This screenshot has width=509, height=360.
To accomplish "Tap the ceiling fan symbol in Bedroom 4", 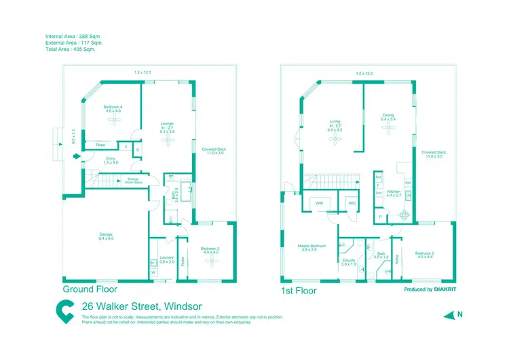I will [x=113, y=120].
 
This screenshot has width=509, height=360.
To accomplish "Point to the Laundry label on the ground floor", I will [x=167, y=259].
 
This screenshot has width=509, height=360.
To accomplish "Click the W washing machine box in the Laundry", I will [x=153, y=273].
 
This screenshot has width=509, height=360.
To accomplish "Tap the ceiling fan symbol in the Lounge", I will [x=167, y=141].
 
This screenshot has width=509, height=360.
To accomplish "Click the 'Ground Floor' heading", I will [x=90, y=289].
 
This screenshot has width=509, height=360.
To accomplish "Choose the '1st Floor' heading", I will [x=299, y=290].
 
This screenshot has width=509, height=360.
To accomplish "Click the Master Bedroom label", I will [x=312, y=247].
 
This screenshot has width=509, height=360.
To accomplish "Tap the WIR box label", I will [x=319, y=203].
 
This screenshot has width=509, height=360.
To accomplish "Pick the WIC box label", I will [x=351, y=203].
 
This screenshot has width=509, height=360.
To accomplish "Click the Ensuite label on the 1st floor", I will [x=349, y=261].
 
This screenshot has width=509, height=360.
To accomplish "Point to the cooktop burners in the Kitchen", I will [x=404, y=215].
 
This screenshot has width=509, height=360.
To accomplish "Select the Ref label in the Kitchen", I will [x=378, y=177].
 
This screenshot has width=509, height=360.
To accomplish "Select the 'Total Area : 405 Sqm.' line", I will [x=71, y=50].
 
